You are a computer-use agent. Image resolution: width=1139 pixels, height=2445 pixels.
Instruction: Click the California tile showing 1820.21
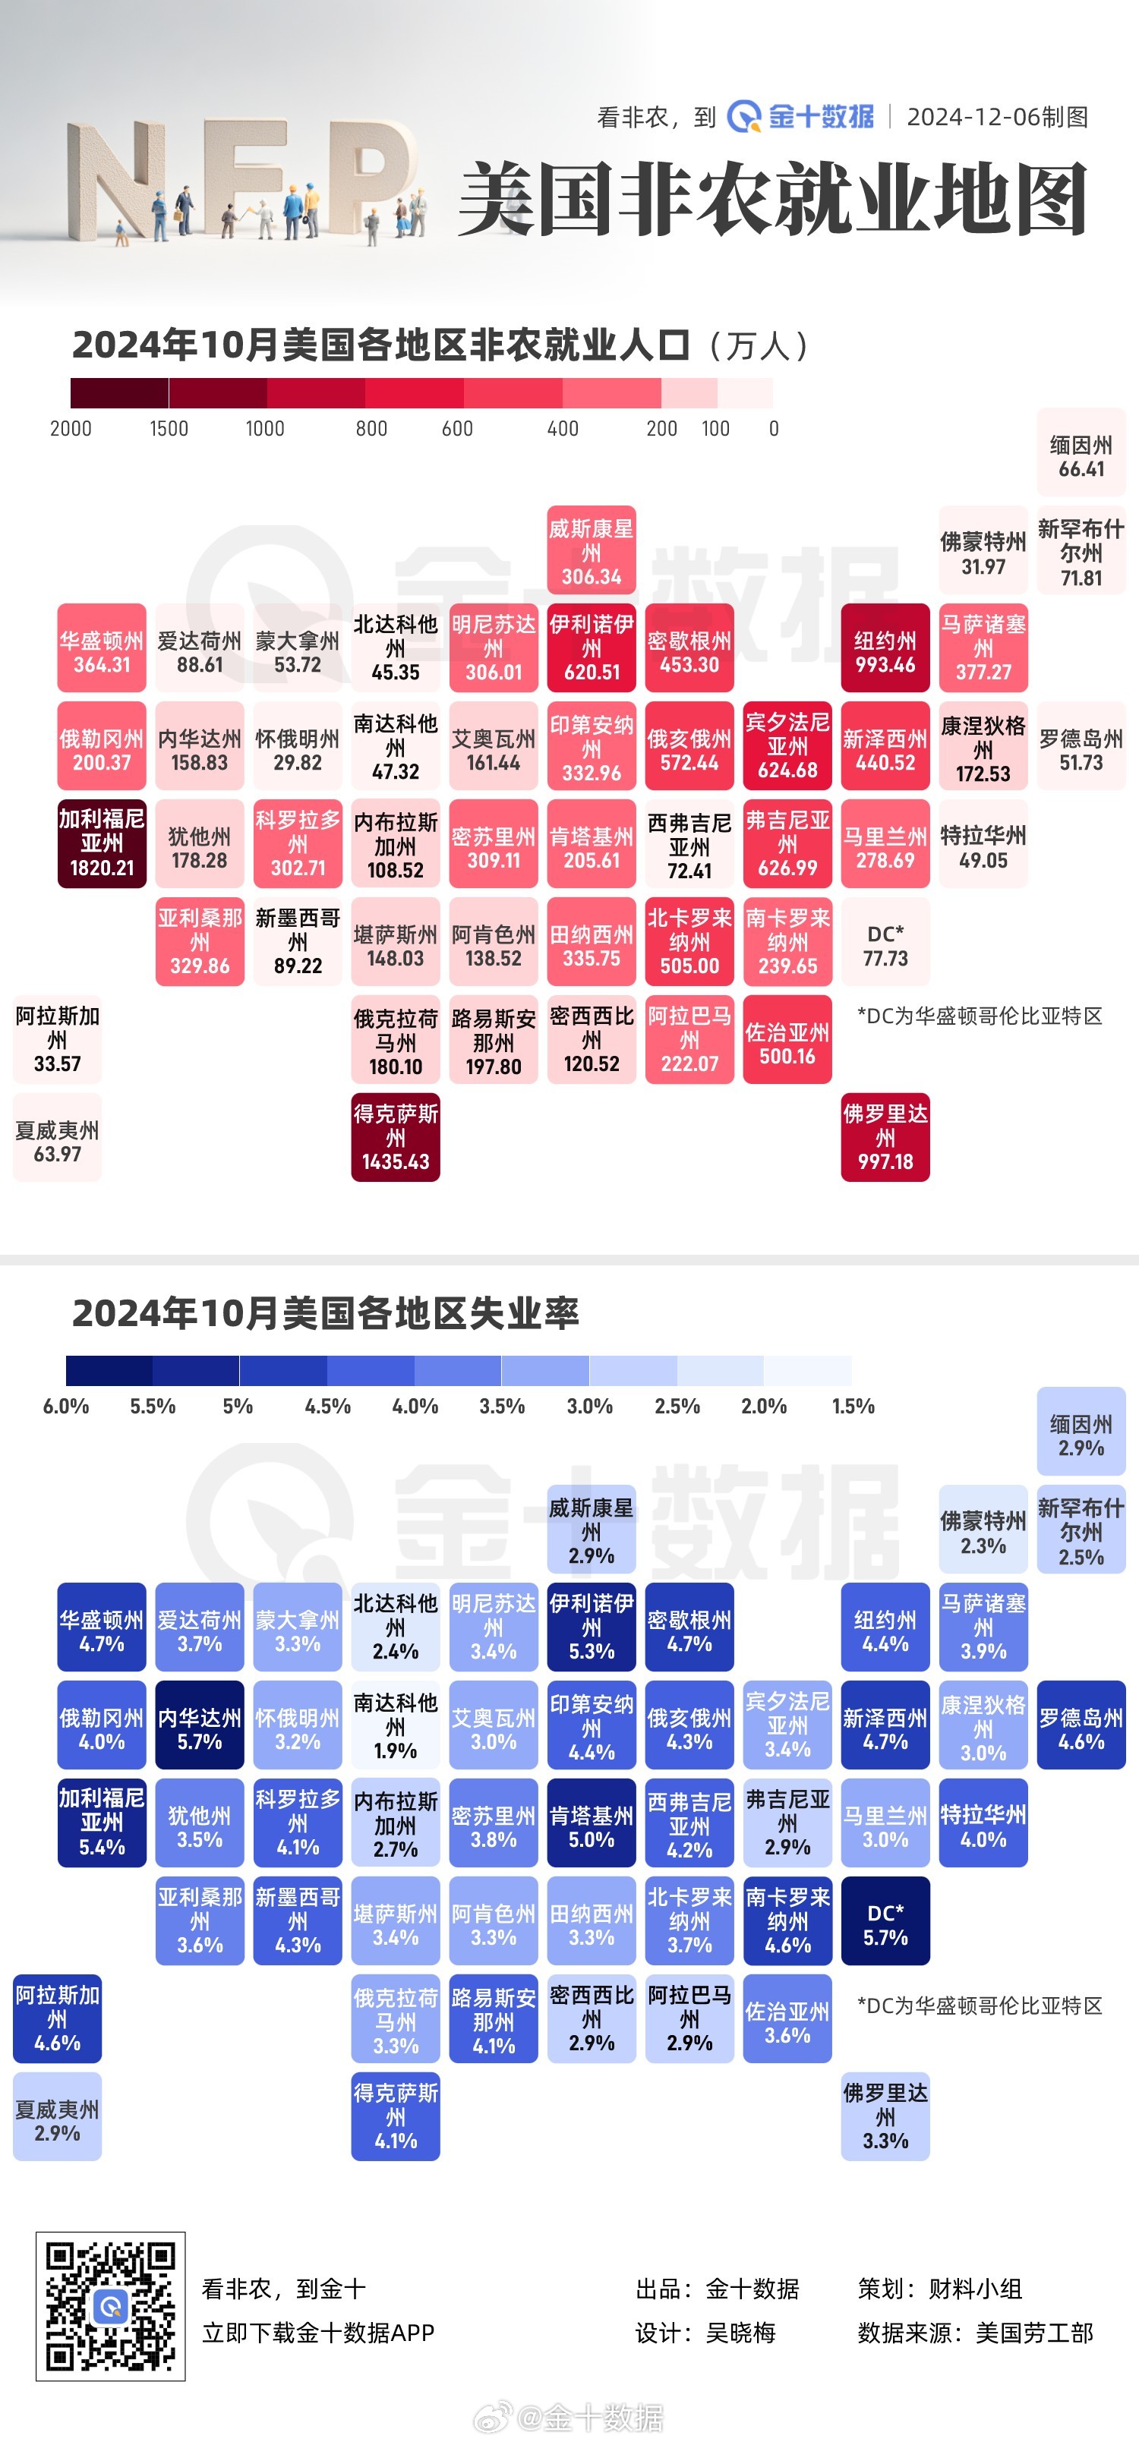pos(102,843)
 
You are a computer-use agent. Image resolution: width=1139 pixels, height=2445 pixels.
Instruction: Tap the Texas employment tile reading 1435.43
pos(395,1137)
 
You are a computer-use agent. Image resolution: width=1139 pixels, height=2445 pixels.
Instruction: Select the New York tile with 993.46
pos(885,647)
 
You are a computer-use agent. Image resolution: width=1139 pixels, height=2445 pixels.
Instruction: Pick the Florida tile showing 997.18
pos(885,1137)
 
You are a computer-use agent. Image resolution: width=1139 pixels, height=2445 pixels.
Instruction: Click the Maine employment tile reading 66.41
pos(1081,452)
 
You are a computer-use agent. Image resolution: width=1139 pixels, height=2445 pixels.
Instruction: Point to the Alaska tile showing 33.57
pos(57,1039)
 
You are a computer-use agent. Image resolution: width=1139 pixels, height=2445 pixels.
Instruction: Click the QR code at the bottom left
pos(110,2306)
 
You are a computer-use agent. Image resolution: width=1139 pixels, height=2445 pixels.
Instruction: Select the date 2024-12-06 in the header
pos(996,117)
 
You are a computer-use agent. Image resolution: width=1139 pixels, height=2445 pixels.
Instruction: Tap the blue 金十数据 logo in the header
pos(801,117)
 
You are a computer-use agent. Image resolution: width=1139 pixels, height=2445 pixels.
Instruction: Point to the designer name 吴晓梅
pos(740,2332)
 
